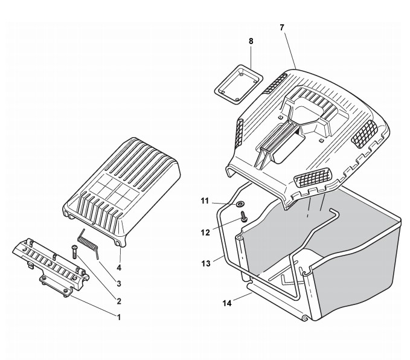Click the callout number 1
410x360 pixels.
click(x=119, y=317)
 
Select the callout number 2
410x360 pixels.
click(x=119, y=301)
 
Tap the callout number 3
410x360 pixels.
click(x=119, y=283)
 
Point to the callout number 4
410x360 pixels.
click(x=119, y=267)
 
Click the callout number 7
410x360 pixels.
click(x=282, y=28)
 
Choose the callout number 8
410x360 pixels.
click(x=251, y=40)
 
